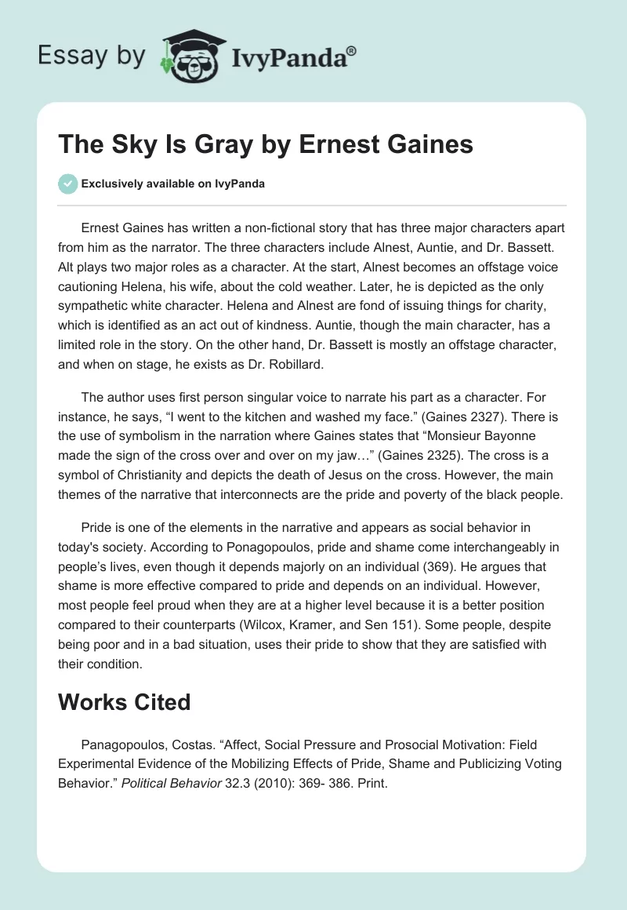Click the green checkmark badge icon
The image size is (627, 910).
pos(67,184)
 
